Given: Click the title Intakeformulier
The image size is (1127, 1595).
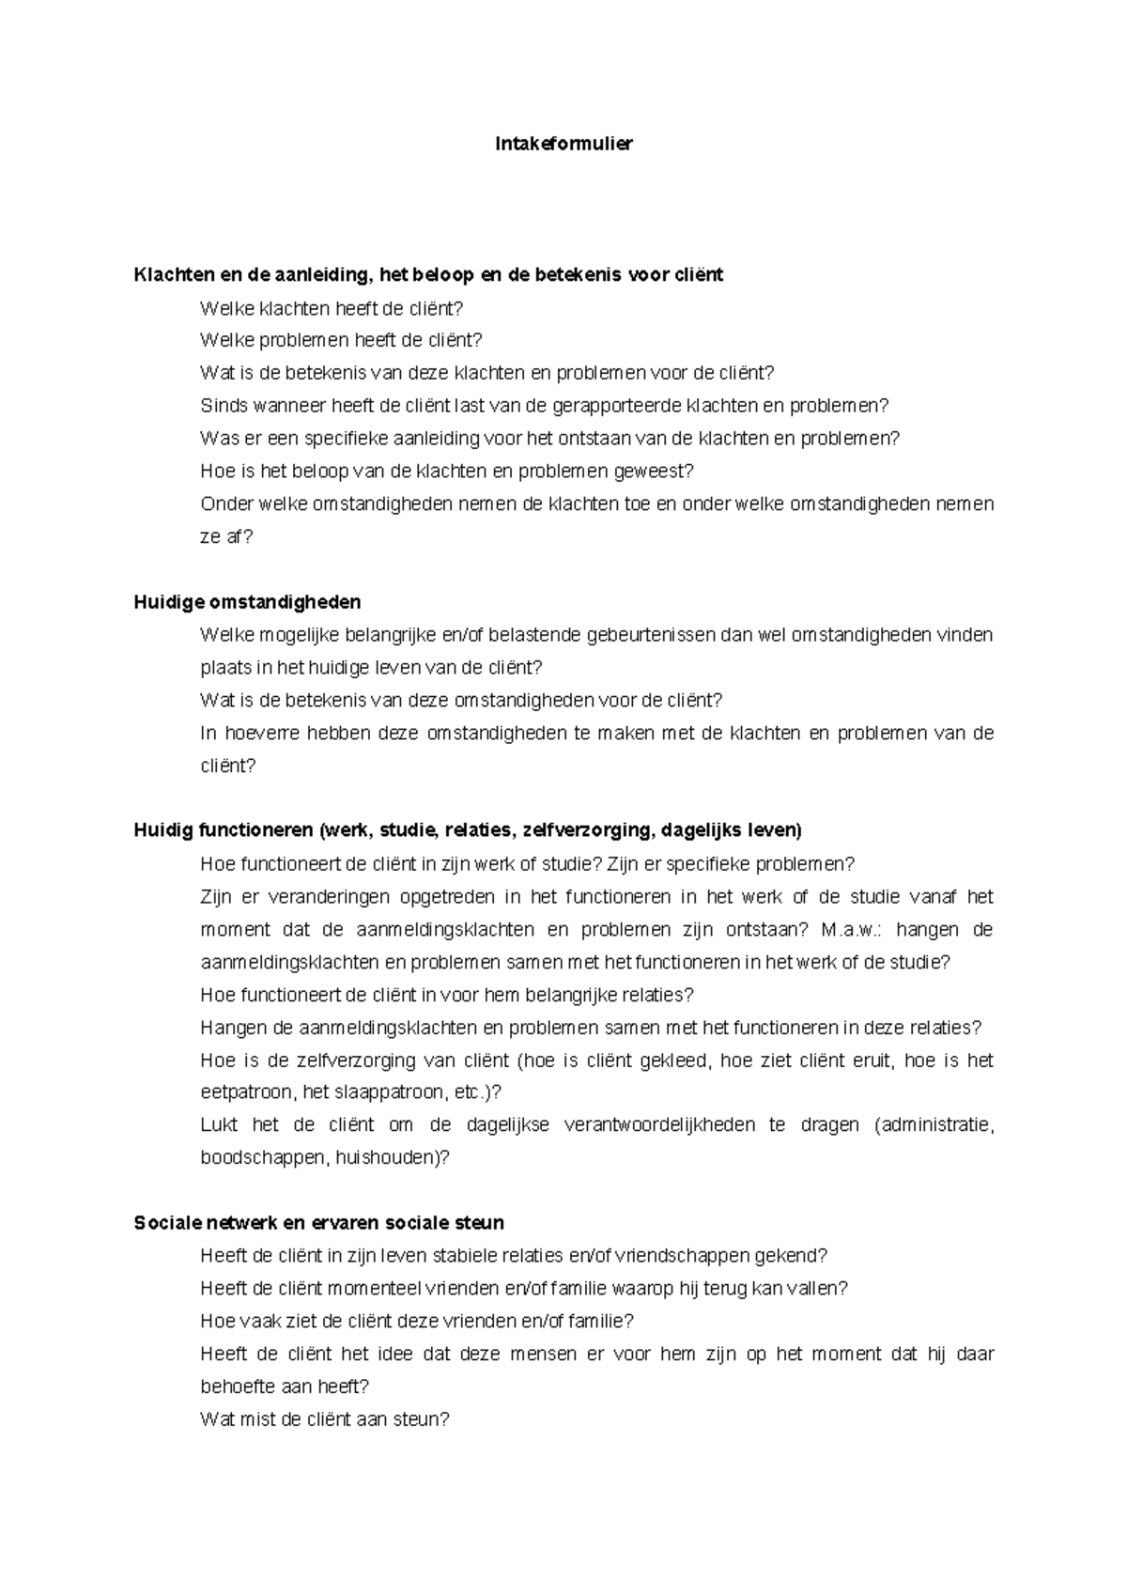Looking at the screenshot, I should click(x=563, y=144).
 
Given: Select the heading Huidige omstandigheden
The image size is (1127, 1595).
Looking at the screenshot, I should click(x=247, y=602).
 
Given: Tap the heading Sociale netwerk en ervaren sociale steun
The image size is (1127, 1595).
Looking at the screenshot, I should click(x=318, y=1223).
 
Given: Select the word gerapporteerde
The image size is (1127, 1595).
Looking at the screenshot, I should click(x=622, y=406).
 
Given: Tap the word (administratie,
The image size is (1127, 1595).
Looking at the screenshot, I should click(x=934, y=1125).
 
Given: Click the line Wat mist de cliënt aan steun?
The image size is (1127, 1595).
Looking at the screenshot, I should click(x=325, y=1419).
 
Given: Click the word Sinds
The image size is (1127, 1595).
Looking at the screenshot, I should click(x=221, y=406).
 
